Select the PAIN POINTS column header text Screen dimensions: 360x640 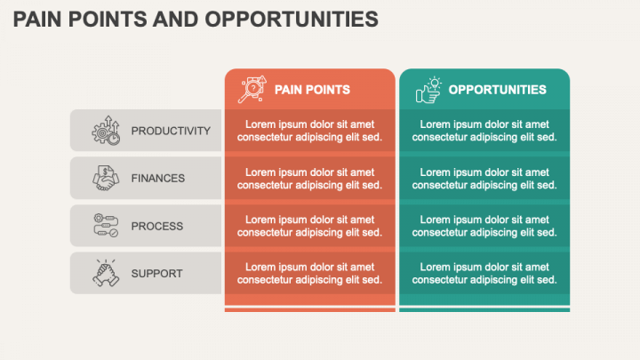[x=312, y=90]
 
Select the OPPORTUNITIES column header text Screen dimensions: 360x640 [x=497, y=90]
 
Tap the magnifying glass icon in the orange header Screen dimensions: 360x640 [x=252, y=89]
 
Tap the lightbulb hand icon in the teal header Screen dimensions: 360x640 [x=428, y=89]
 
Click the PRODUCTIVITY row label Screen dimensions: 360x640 [x=171, y=131]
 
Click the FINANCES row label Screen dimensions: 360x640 [x=158, y=178]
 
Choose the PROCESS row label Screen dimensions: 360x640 [x=157, y=226]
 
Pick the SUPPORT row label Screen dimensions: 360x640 [x=156, y=273]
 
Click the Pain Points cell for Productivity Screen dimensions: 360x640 [x=309, y=131]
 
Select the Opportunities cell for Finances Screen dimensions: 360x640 [x=484, y=178]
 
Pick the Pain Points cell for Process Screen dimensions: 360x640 [x=309, y=226]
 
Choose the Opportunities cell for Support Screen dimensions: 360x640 [x=484, y=273]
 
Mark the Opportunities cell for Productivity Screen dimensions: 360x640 [x=484, y=131]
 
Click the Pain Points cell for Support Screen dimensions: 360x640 [x=309, y=273]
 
